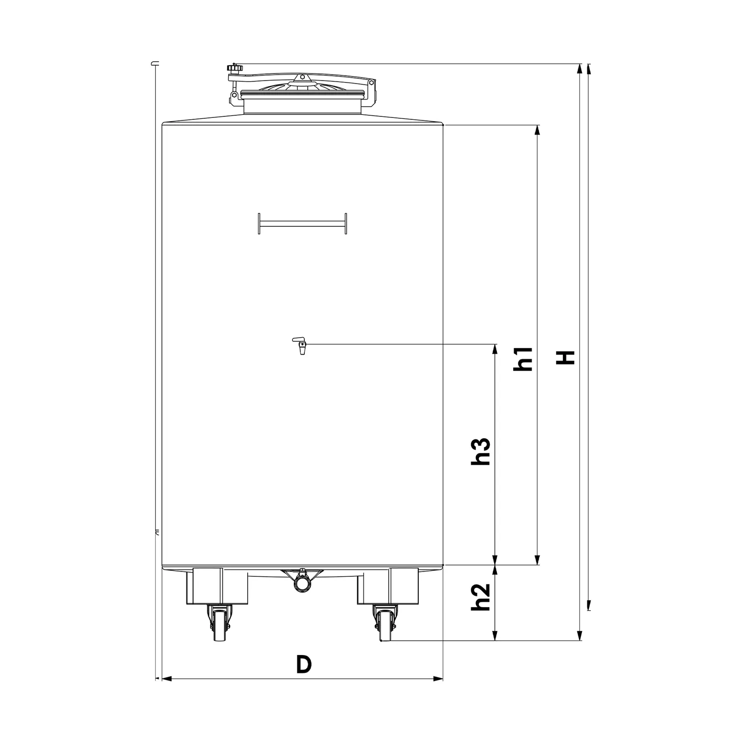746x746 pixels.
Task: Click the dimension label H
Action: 565,357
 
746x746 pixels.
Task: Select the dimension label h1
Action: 524,359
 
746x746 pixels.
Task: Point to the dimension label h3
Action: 481,452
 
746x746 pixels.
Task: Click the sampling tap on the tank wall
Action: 299,345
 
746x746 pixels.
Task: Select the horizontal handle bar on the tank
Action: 302,223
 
